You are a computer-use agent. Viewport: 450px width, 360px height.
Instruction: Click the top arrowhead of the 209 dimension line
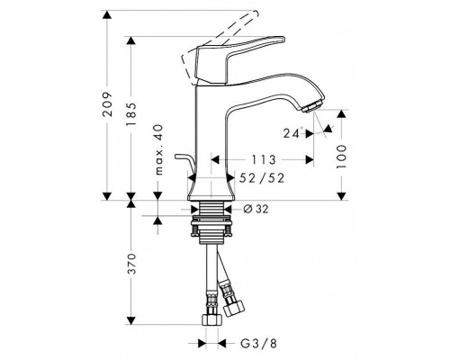109,13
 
